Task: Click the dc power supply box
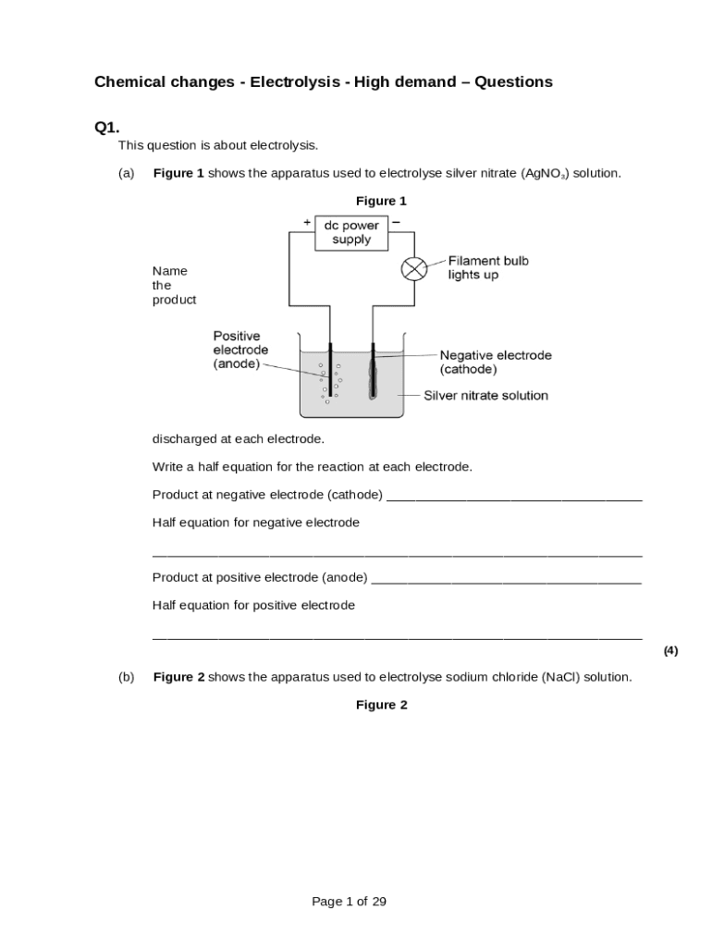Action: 351,232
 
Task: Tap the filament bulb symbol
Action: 412,268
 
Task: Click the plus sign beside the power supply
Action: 307,222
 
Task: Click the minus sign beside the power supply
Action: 396,222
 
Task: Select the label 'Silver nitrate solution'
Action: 485,396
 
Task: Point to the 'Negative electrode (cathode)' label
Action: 495,362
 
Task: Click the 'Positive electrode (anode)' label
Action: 240,350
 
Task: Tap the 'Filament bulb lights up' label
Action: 488,268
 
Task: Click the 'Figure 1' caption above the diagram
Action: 381,201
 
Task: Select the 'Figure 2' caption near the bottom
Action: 381,705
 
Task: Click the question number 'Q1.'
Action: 106,127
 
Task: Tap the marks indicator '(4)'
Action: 670,650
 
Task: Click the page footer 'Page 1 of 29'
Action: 349,902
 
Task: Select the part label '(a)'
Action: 126,173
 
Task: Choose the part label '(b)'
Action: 126,677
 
